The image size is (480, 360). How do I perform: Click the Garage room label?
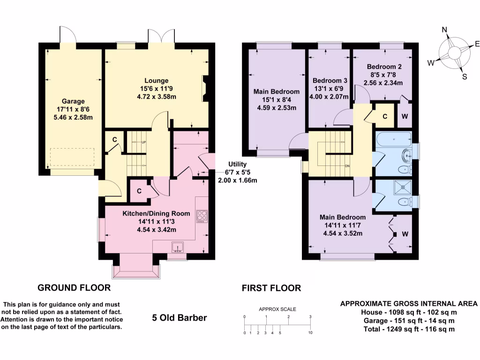click(73, 101)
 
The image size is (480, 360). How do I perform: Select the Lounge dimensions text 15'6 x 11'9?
click(157, 89)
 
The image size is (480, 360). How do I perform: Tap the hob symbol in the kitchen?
click(202, 216)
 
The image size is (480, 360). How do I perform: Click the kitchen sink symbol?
click(178, 247)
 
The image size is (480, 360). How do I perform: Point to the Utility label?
click(237, 165)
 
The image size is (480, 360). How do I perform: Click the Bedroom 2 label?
click(384, 67)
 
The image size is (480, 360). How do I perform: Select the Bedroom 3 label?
click(330, 81)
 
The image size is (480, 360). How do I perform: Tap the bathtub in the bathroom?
click(394, 140)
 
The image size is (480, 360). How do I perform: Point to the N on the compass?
click(444, 30)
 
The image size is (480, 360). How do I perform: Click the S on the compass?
click(465, 77)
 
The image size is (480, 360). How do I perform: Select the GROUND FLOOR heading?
click(74, 288)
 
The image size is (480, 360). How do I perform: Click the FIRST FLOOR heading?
click(271, 288)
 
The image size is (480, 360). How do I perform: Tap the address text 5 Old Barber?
click(180, 318)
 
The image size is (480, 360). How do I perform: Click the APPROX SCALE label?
click(277, 309)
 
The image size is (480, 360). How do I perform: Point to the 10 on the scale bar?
click(310, 332)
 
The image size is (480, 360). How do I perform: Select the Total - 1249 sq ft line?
click(409, 329)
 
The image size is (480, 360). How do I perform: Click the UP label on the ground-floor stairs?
click(143, 142)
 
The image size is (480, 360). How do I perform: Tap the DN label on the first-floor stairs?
click(347, 166)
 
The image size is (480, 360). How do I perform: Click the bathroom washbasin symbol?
click(407, 155)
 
